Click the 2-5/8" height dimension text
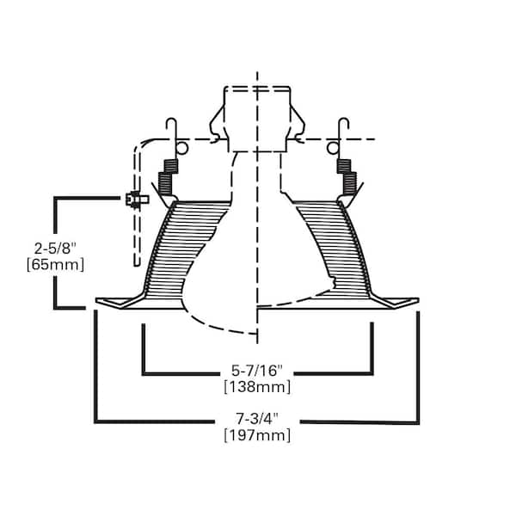pos(55,249)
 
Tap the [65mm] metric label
pos(55,265)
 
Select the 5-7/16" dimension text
pos(257,371)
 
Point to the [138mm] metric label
pos(257,387)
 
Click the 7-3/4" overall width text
pos(257,419)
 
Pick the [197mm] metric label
pos(257,435)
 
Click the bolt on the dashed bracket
pos(138,200)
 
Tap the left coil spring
pos(168,176)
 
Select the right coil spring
pos(347,176)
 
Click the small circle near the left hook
pos(182,148)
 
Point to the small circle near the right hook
pos(332,148)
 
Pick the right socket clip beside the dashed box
pos(298,123)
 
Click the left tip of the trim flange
pos(96,300)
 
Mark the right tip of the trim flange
pos(419,299)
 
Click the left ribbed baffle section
pos(184,250)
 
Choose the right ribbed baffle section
pos(332,250)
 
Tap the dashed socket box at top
pos(257,120)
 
